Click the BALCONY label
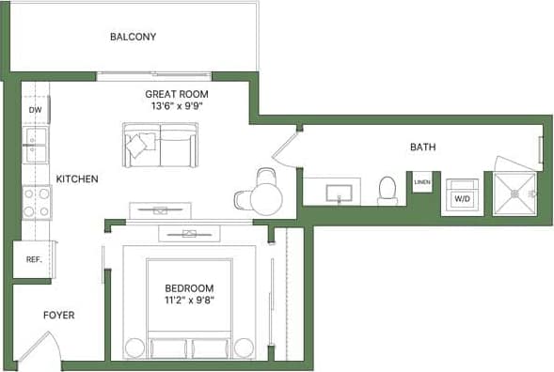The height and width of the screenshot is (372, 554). point(133,37)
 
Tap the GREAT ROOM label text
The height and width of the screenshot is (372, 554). point(176,94)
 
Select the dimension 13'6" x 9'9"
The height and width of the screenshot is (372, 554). point(176,106)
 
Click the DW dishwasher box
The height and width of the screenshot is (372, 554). point(36,110)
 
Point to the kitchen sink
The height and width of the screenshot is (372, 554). point(36,146)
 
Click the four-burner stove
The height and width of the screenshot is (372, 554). point(37,201)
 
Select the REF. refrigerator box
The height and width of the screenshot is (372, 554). point(33,259)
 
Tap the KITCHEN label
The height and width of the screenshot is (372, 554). point(77,178)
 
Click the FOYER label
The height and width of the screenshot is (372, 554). point(58,316)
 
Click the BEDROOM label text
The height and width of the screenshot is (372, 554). point(189,288)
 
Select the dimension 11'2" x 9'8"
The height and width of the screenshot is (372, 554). point(189,302)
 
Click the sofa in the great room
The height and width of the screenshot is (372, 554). point(160,146)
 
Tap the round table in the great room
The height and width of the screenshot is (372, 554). point(266,197)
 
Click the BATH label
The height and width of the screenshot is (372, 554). point(422,147)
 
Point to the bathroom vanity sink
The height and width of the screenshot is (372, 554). point(339,194)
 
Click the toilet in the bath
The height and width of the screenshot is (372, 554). point(387,191)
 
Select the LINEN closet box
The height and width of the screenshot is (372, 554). point(422,181)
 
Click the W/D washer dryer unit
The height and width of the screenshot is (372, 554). point(462,194)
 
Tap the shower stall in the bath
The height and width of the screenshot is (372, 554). point(514,194)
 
